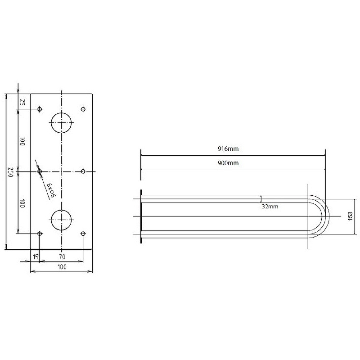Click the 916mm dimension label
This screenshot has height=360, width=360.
[x=228, y=149]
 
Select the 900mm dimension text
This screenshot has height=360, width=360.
[x=228, y=163]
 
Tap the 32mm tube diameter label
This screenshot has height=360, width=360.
[x=270, y=207]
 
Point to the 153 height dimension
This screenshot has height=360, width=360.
[x=350, y=216]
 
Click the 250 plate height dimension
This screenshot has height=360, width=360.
[x=10, y=172]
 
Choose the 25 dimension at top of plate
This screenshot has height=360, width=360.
[x=22, y=102]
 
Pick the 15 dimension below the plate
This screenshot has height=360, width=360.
[x=36, y=256]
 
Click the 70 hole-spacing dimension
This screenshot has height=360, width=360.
[x=62, y=256]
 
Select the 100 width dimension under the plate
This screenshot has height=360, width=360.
[x=62, y=267]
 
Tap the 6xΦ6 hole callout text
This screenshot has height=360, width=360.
[x=51, y=190]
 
